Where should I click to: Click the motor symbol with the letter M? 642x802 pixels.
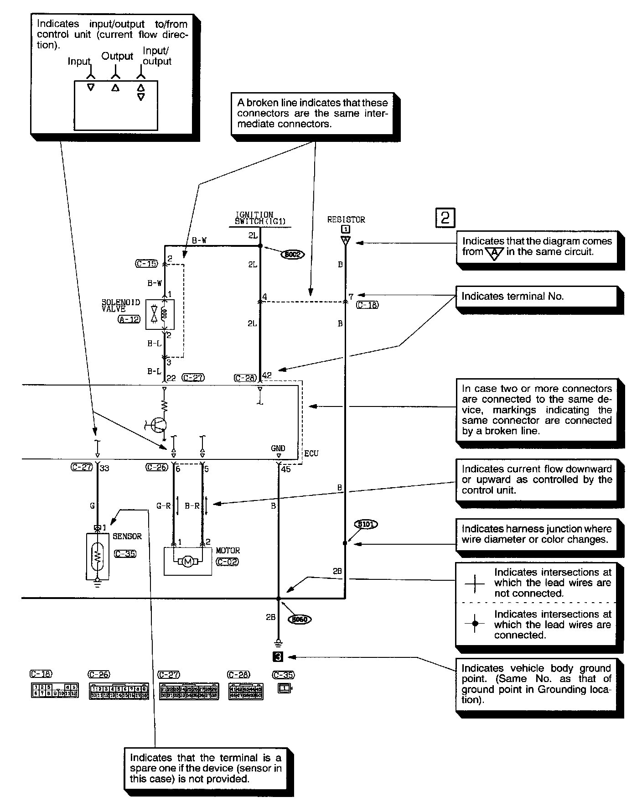pos(187,562)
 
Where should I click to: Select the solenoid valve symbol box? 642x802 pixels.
pos(160,314)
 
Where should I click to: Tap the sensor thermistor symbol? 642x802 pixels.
pos(97,556)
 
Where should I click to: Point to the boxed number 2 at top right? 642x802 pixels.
pos(445,218)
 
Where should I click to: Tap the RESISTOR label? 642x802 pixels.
pos(346,220)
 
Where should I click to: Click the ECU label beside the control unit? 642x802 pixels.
pos(311,453)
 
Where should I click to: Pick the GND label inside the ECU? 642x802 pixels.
pos(278,448)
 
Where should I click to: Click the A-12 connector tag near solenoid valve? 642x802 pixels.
pos(129,319)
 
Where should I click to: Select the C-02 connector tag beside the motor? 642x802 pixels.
pos(227,562)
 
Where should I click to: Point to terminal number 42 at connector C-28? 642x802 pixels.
pos(267,376)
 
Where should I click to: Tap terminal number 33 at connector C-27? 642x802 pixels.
pos(104,468)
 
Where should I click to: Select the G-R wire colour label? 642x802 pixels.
pos(163,506)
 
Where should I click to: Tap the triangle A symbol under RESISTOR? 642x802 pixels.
pos(346,240)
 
